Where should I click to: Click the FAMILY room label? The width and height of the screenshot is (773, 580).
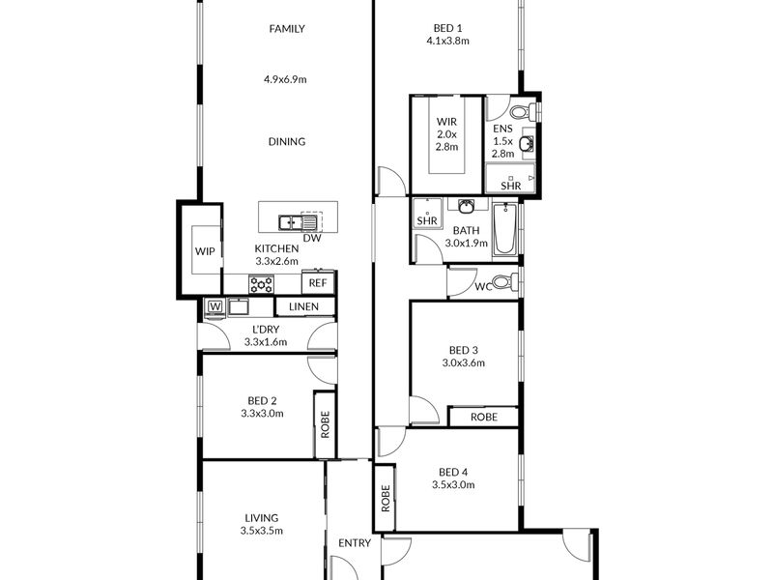tap(287, 29)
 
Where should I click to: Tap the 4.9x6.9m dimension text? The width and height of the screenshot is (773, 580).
tap(285, 79)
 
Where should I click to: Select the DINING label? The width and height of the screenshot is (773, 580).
tap(287, 142)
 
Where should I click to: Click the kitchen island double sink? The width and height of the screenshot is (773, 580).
tap(298, 223)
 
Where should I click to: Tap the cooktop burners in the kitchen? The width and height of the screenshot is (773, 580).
tap(261, 284)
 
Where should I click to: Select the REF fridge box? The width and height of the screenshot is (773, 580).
tap(318, 283)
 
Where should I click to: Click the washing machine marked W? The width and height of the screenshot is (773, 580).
tap(215, 306)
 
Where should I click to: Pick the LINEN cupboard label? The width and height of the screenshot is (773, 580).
tap(303, 306)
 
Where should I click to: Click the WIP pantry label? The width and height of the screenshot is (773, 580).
tap(205, 251)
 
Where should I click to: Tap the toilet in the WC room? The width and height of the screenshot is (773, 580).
tap(504, 282)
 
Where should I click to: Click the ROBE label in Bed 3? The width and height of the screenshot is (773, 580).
tap(484, 418)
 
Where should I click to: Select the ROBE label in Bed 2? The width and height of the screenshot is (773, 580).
tap(325, 424)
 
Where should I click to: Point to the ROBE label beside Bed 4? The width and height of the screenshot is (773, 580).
tap(386, 498)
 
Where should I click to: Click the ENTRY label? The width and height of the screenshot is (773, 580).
tap(355, 543)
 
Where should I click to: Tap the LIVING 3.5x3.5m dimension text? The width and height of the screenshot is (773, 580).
tap(262, 531)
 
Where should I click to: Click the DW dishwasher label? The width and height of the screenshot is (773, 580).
tap(312, 238)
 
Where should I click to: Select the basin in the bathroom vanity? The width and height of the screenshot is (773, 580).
tap(467, 206)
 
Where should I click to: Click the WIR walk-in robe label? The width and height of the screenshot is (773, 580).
tap(446, 122)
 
